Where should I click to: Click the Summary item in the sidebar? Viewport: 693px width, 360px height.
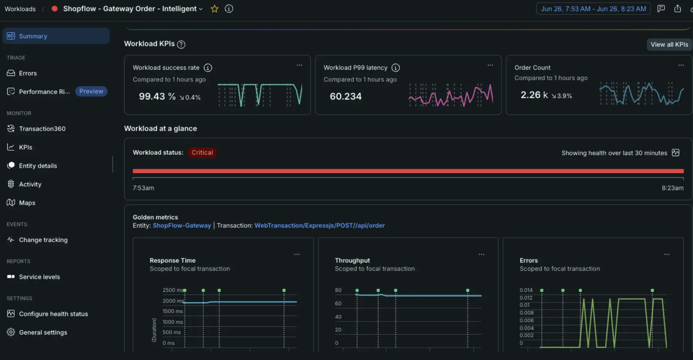click(56, 36)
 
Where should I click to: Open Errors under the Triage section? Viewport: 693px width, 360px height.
click(28, 73)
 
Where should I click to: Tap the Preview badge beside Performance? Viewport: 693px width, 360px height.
click(91, 91)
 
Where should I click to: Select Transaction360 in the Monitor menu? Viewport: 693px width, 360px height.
click(42, 129)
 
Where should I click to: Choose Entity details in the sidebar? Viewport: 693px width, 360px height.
click(38, 166)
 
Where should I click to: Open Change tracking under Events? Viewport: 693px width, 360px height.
click(43, 240)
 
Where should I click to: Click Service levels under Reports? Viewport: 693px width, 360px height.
click(39, 277)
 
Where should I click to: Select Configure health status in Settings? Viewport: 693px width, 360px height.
click(53, 314)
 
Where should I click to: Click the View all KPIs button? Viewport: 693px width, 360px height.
click(669, 44)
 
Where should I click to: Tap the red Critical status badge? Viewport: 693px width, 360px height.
click(202, 153)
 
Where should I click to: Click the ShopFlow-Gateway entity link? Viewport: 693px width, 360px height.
click(182, 225)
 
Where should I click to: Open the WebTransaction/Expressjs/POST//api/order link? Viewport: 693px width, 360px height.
click(320, 225)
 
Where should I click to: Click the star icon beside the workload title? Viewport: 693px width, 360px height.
click(215, 9)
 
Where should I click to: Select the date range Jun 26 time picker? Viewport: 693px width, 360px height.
click(593, 9)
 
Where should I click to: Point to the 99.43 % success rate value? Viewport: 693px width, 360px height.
click(157, 96)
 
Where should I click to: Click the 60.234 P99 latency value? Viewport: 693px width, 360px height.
click(346, 96)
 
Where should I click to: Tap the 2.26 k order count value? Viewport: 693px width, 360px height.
click(534, 95)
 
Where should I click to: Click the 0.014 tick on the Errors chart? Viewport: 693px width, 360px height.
click(526, 290)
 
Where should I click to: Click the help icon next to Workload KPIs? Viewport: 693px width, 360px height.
click(181, 44)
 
